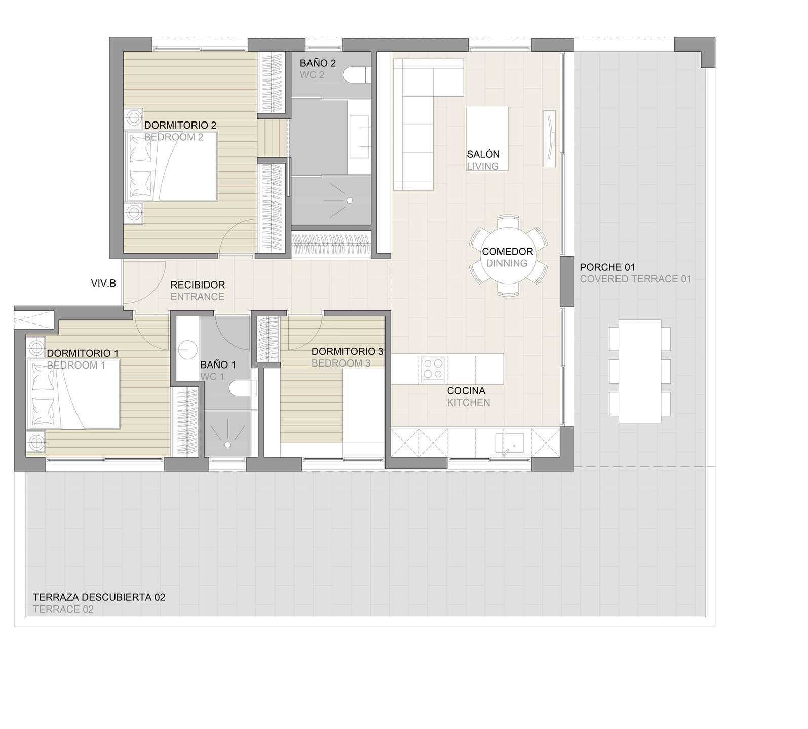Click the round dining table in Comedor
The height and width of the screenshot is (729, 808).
pyautogui.click(x=508, y=257)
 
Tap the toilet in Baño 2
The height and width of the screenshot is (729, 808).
pyautogui.click(x=355, y=75)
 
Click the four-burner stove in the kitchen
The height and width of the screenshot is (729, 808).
pyautogui.click(x=433, y=368)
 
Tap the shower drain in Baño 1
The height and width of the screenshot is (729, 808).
pyautogui.click(x=228, y=444)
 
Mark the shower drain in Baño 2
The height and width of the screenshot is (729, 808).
pyautogui.click(x=349, y=200)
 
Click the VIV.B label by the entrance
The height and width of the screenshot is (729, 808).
pyautogui.click(x=103, y=283)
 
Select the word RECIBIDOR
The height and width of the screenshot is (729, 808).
pyautogui.click(x=198, y=285)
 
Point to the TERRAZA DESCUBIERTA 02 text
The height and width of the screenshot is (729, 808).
pyautogui.click(x=99, y=597)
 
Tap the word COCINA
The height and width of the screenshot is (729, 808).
pyautogui.click(x=466, y=391)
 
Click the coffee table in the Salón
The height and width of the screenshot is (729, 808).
pyautogui.click(x=487, y=139)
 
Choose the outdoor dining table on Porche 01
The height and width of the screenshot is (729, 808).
pyautogui.click(x=640, y=371)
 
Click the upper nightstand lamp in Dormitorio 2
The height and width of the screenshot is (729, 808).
pyautogui.click(x=134, y=118)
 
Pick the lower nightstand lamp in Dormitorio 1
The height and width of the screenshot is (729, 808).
pyautogui.click(x=35, y=443)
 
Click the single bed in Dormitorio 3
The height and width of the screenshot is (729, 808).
pyautogui.click(x=364, y=413)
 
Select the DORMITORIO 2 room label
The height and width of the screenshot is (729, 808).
pyautogui.click(x=181, y=125)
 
